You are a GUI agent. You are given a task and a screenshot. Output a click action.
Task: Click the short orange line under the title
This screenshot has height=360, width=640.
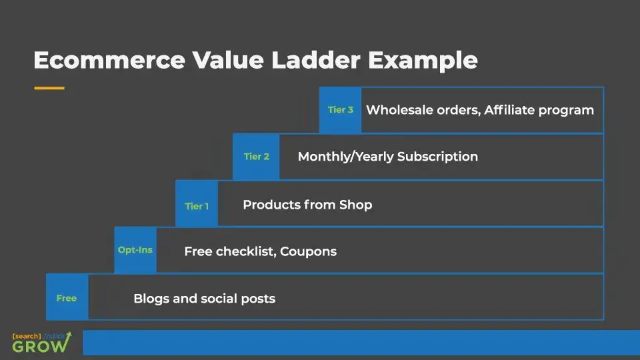(49, 88)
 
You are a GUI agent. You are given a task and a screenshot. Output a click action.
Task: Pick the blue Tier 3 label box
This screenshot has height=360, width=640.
(340, 110)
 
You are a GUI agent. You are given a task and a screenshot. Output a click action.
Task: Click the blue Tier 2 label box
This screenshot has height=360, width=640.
(256, 157)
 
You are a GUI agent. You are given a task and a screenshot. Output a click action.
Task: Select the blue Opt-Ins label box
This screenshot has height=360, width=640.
(135, 251)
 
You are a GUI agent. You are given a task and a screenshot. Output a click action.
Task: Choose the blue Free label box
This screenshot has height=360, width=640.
(67, 298)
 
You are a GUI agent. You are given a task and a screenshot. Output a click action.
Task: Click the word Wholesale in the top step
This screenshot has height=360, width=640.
(399, 110)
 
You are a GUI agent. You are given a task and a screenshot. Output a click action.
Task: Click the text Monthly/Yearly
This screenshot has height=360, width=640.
(345, 157)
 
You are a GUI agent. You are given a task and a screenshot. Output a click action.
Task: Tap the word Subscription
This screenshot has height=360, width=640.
(437, 157)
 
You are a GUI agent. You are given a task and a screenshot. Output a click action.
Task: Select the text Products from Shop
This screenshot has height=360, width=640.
(307, 205)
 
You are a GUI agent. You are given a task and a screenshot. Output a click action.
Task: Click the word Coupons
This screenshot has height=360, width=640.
(308, 252)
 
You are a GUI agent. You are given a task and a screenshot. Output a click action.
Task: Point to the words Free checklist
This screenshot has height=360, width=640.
(229, 252)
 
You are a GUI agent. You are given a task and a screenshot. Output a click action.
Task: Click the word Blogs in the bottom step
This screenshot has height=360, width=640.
(151, 299)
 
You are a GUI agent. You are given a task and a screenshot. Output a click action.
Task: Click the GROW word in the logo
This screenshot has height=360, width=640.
(40, 345)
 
